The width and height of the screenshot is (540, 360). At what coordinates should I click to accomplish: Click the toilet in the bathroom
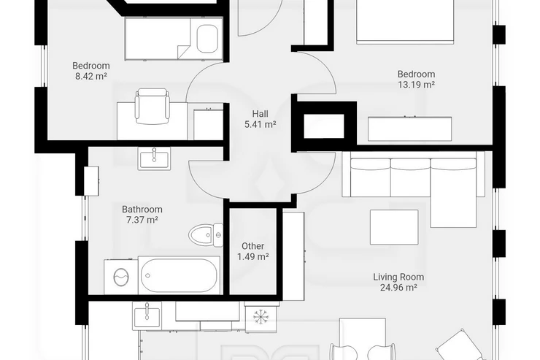tap(206, 235)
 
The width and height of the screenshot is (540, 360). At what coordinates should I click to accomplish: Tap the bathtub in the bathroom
tap(179, 275)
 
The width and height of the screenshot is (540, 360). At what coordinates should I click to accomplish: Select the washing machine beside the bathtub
tap(121, 277)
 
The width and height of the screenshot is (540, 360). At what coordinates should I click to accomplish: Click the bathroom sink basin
tap(154, 158)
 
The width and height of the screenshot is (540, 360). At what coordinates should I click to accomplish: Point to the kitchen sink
tap(147, 316)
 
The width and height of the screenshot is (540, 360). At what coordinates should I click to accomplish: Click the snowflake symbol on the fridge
tap(261, 318)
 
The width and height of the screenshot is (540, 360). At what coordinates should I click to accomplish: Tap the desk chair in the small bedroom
tap(153, 106)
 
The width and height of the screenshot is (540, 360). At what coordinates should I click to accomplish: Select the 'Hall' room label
tap(260, 114)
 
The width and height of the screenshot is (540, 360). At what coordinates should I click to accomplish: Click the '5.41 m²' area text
tap(260, 124)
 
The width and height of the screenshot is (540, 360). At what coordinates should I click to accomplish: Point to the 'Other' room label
tap(252, 246)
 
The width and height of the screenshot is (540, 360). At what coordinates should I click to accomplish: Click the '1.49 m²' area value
tap(252, 256)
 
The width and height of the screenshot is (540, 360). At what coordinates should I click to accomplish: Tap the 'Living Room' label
tap(398, 277)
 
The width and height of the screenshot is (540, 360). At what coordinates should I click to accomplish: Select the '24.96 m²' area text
tap(398, 287)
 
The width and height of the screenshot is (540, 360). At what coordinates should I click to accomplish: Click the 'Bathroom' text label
tap(142, 209)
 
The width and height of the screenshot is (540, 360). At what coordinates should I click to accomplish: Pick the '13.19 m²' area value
tap(416, 85)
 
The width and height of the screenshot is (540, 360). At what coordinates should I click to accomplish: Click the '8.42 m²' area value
tap(91, 76)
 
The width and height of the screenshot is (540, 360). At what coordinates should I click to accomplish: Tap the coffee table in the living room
tap(394, 227)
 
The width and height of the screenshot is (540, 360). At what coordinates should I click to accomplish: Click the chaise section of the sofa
tap(454, 193)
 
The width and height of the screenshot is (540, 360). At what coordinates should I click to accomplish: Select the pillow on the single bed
tap(207, 39)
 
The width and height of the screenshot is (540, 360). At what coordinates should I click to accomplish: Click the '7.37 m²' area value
tap(142, 220)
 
